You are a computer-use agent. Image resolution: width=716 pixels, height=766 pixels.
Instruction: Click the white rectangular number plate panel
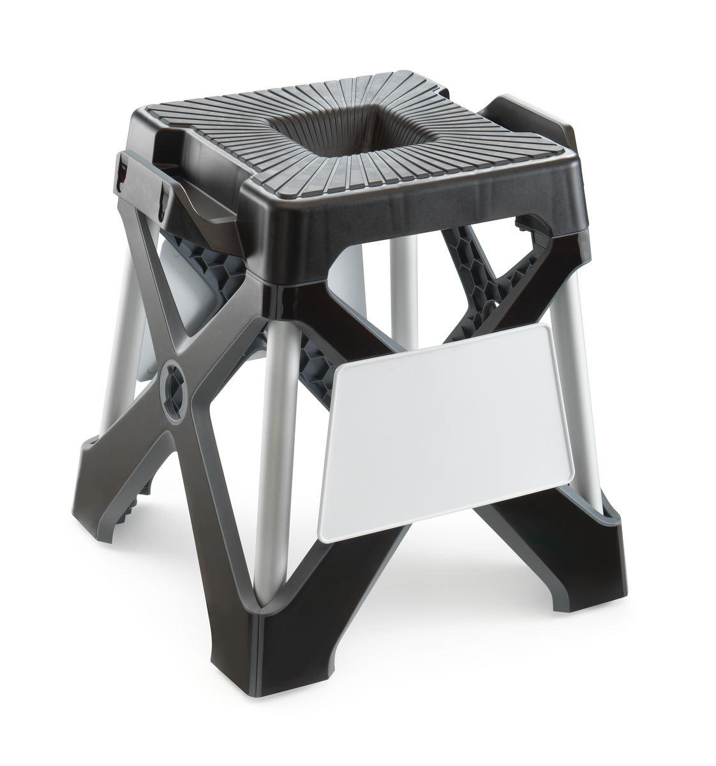[x=440, y=428]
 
